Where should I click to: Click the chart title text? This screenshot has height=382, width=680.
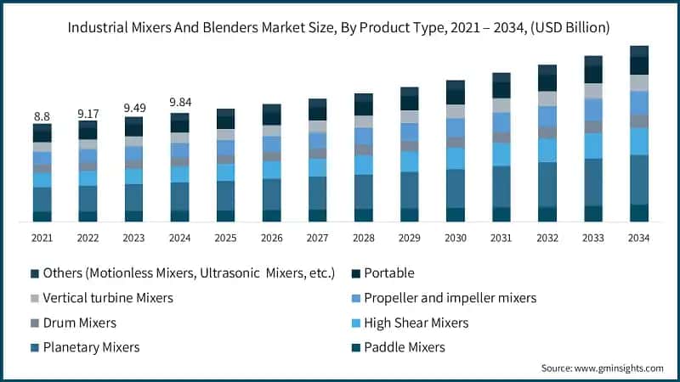340,28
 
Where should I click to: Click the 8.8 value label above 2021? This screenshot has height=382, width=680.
42,115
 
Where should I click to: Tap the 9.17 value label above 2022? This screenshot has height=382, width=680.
88,112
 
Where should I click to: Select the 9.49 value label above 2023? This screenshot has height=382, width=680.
133,108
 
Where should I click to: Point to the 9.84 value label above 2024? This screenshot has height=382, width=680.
179,104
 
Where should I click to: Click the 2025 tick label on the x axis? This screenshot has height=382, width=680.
225,239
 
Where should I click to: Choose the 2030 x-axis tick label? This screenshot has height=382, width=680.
456,239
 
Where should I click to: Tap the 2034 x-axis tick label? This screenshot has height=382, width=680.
639,239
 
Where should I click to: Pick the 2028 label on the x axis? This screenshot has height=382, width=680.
364,239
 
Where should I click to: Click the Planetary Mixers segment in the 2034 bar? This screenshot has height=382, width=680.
639,179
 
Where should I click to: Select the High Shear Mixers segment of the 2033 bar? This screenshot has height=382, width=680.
593,145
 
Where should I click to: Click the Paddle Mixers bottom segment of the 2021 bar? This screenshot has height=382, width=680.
42,216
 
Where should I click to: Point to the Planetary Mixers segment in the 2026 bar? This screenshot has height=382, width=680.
271,194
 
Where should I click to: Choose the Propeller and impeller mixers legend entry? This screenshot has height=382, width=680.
450,298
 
